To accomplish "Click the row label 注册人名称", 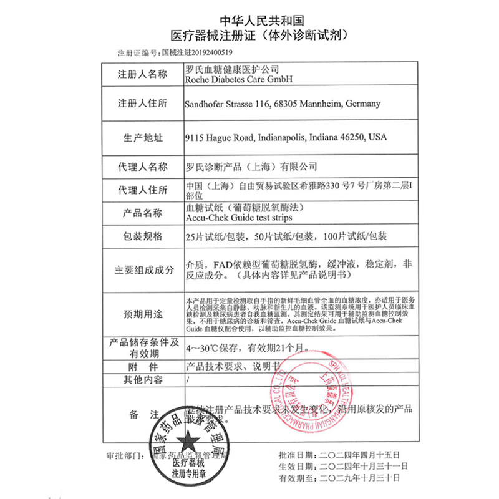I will (142, 74).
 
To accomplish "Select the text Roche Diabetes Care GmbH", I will (239, 80).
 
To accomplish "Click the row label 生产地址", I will (142, 137).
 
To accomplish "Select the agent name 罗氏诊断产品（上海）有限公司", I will (252, 167).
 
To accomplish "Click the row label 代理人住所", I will (142, 190).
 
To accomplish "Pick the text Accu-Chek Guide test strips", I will (238, 218).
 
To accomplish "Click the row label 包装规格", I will (142, 236).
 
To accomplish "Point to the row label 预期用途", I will (142, 313).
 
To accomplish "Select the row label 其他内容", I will (142, 379).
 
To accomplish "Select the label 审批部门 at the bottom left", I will (122, 455).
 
